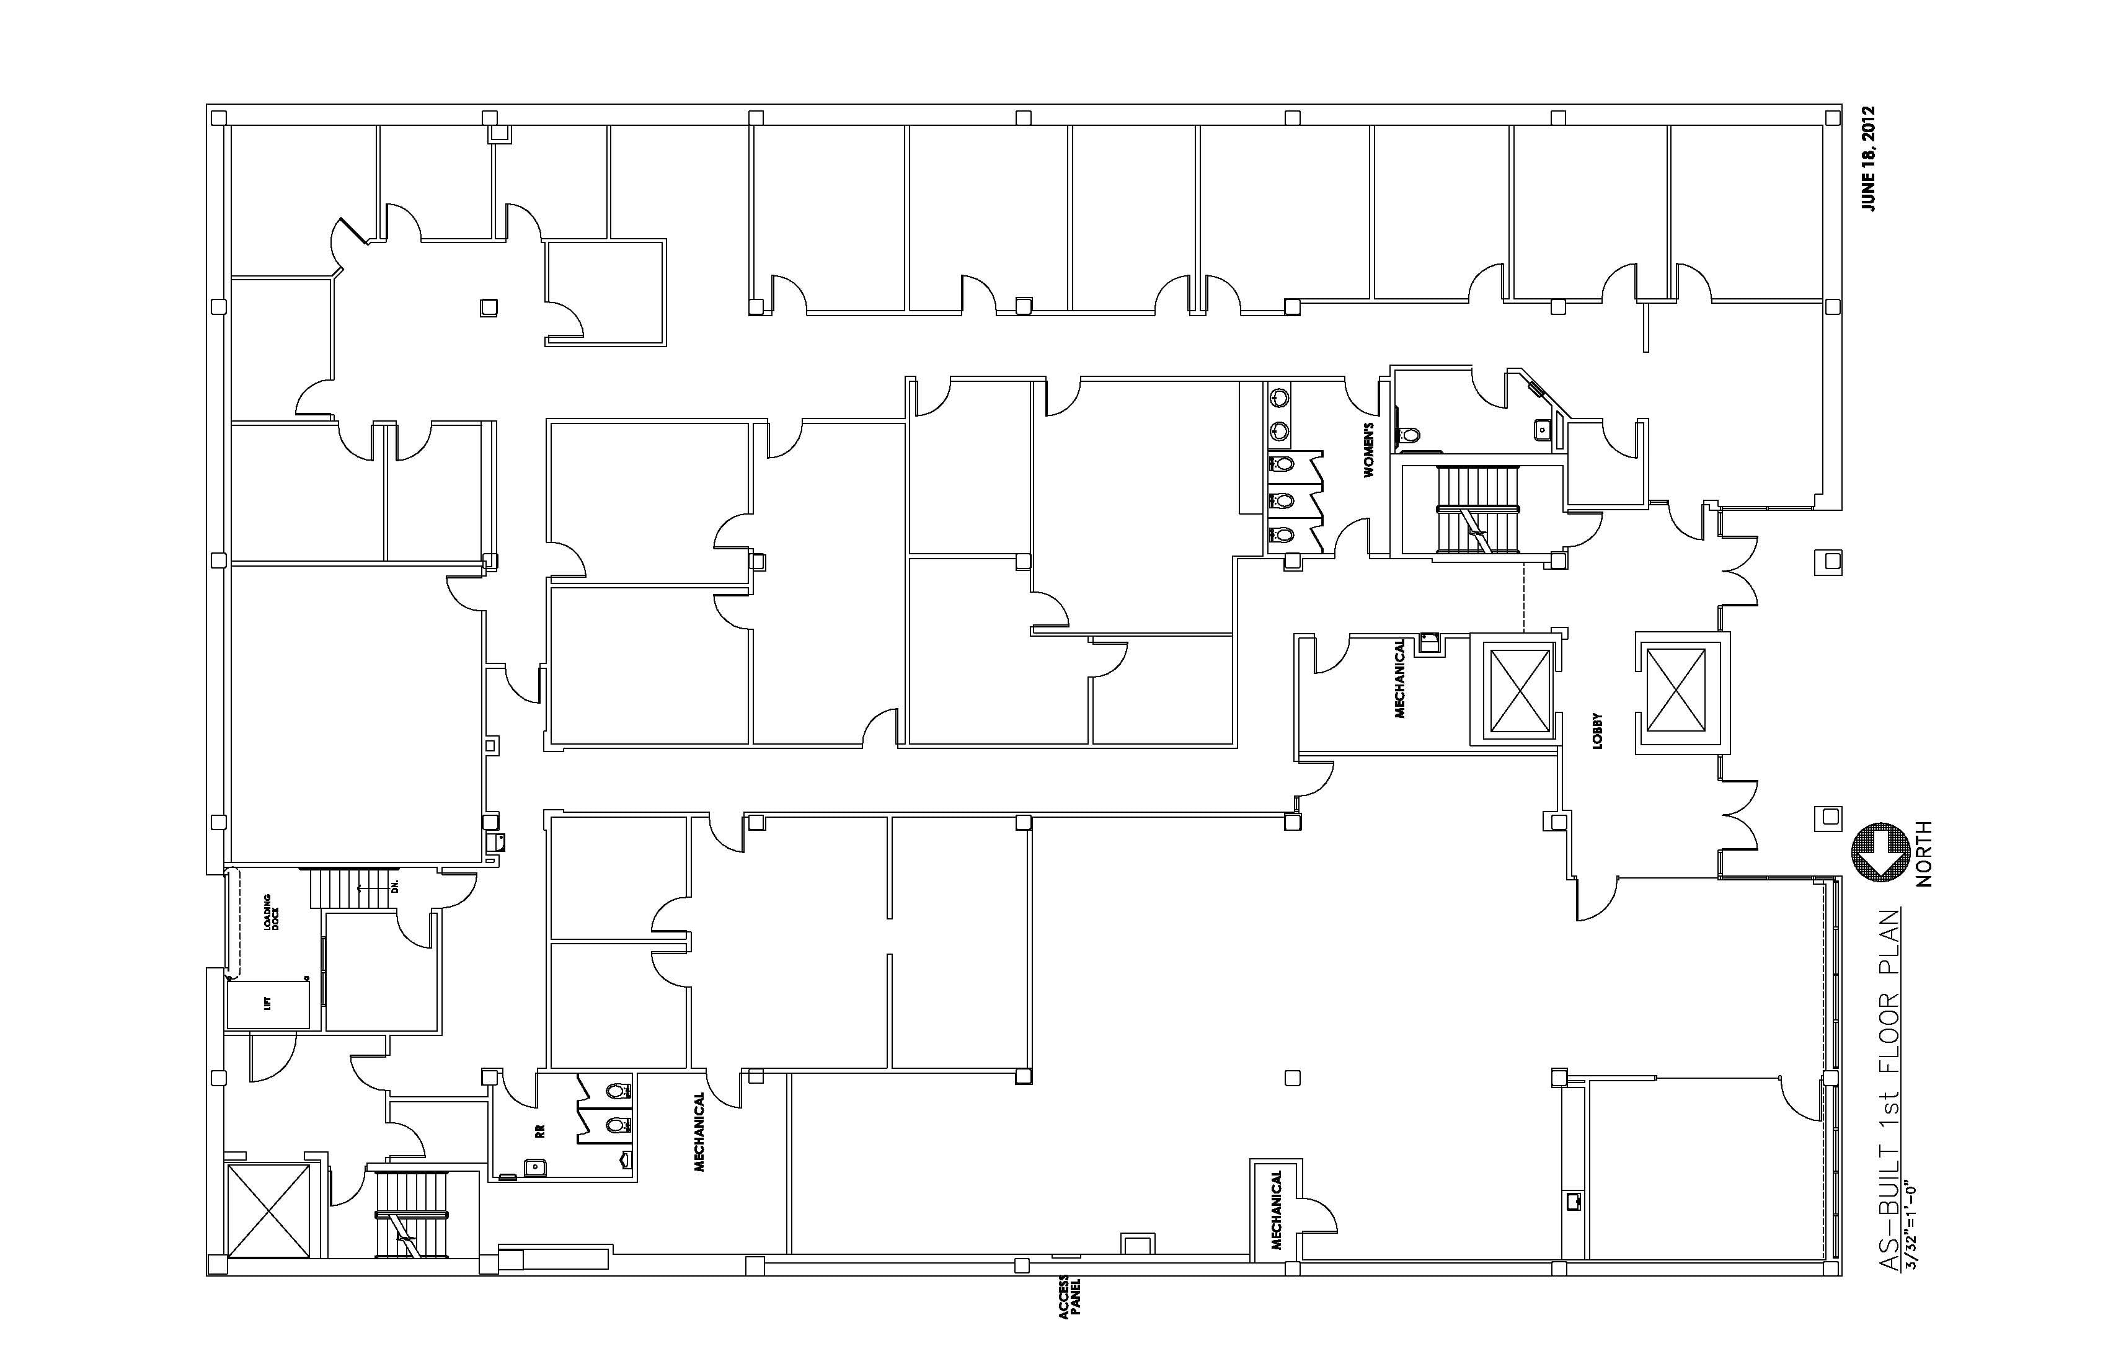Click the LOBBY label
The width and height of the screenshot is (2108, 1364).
click(x=1598, y=732)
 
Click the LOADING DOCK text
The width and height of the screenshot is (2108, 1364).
click(x=270, y=911)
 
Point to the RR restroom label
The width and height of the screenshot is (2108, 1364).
click(x=539, y=1131)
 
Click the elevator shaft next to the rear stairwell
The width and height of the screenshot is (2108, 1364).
click(x=269, y=1210)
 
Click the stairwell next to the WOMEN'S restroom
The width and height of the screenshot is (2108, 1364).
click(x=1478, y=510)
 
